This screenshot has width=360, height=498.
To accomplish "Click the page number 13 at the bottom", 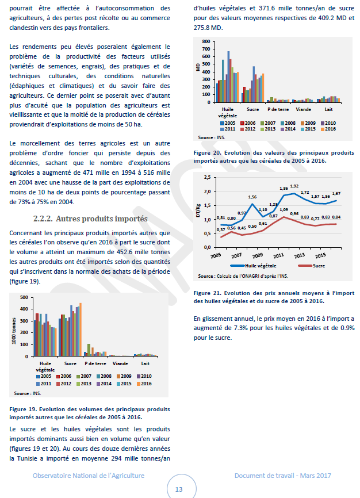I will (x=179, y=489).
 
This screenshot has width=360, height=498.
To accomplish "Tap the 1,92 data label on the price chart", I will (x=294, y=186).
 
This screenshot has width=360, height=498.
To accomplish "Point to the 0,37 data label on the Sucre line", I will (x=221, y=229).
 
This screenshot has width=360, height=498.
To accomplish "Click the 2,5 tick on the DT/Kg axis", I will (x=207, y=178).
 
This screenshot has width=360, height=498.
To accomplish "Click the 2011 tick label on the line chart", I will (x=279, y=255).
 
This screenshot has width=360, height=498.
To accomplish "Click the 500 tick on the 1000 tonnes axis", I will (x=24, y=297).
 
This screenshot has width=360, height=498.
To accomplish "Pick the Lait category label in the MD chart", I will (x=328, y=109).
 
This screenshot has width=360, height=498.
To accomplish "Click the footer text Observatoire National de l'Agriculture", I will (x=89, y=476).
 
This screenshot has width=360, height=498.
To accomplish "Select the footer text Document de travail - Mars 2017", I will (x=282, y=476).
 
